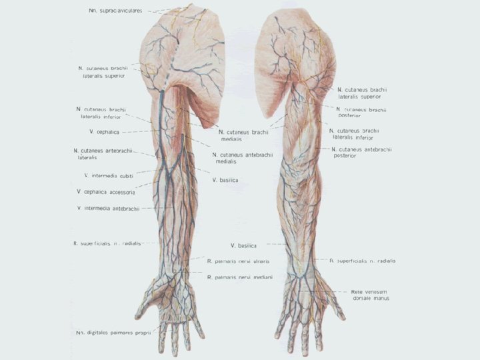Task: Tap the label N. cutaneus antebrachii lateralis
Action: [103, 154]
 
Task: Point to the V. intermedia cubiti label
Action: [109, 175]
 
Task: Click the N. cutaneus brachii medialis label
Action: [243, 135]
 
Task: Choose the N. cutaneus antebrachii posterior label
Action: [365, 152]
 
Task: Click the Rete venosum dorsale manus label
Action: [370, 295]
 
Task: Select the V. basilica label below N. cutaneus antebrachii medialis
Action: [225, 179]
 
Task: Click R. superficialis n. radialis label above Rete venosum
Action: [362, 261]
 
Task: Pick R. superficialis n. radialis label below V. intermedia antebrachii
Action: [107, 243]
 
